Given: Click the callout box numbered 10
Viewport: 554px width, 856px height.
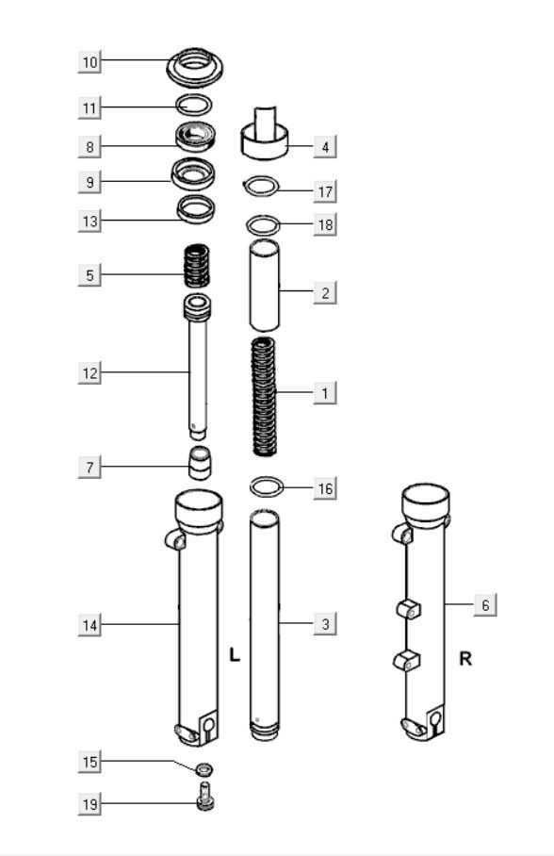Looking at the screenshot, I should (90, 62).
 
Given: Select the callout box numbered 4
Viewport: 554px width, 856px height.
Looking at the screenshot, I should (325, 147).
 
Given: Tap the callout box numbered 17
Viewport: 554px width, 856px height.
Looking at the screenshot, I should (325, 191).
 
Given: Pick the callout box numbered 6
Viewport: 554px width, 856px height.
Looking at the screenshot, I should (485, 605).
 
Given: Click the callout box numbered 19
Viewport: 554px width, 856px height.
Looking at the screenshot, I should (90, 804).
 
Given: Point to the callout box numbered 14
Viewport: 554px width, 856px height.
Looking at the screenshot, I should (90, 624).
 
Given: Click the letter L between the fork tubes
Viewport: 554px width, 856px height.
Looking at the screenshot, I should (235, 653).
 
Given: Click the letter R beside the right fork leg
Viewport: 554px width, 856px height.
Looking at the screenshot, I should (464, 658).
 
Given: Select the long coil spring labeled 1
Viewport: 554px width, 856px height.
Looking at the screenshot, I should (265, 395).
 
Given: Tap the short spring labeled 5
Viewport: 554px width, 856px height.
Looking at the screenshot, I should (195, 266).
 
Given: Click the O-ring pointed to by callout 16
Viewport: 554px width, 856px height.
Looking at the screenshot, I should (267, 486).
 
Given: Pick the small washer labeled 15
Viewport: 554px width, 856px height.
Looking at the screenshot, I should (203, 770).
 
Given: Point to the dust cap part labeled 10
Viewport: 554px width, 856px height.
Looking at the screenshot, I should (198, 67).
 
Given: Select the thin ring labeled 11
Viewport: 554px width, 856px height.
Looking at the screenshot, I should (194, 105).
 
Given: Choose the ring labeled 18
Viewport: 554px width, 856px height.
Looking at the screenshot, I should (264, 225).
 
